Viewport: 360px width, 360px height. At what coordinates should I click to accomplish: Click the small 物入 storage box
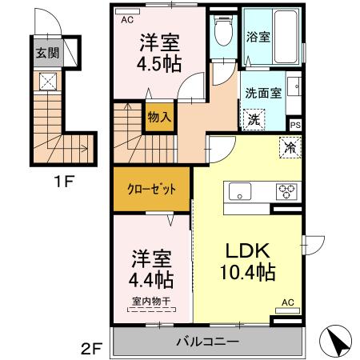pos(158,117)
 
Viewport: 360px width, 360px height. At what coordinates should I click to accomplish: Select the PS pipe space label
pos(294,124)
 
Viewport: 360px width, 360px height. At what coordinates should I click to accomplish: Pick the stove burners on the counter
pos(285,192)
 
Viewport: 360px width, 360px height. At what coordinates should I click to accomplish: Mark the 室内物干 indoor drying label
pos(151,301)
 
